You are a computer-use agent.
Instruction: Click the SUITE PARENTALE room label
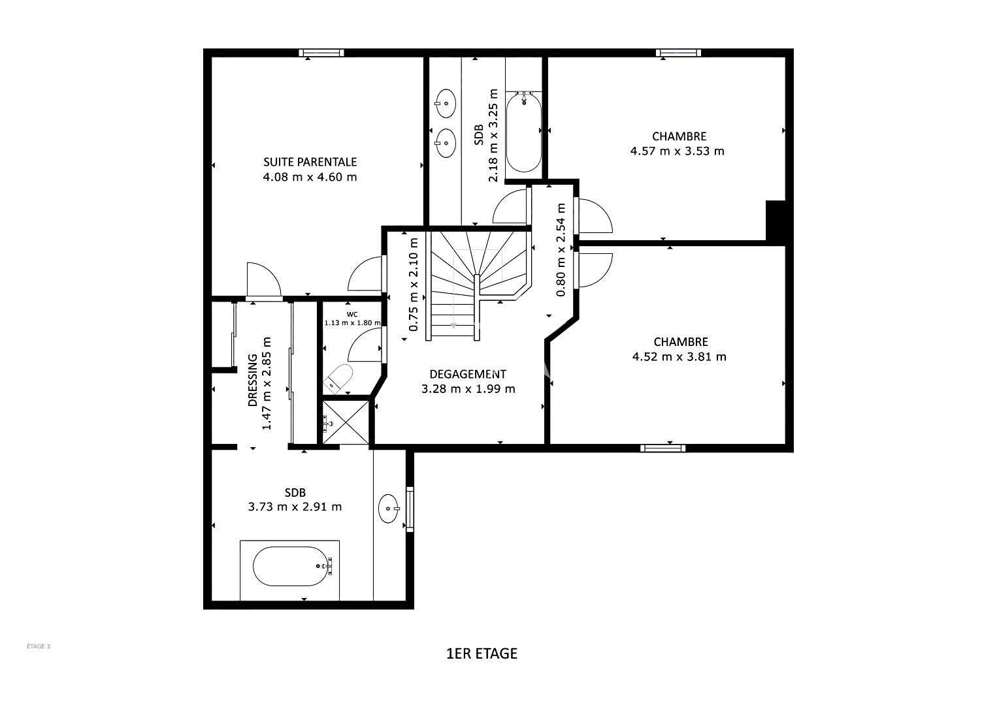(310, 162)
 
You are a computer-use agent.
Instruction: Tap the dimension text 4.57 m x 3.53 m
(677, 151)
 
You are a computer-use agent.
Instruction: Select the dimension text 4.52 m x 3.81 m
(679, 356)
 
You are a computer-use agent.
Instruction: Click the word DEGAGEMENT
(468, 374)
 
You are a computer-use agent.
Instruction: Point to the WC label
(352, 315)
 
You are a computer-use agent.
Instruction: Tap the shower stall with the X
(346, 422)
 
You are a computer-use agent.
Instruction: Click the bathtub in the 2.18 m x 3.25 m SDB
(524, 131)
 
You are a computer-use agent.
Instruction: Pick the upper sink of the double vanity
(445, 103)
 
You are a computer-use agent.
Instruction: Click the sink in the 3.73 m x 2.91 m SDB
(389, 509)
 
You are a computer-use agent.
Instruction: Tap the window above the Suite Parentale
(321, 53)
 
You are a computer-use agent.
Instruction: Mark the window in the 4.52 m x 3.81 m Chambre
(662, 448)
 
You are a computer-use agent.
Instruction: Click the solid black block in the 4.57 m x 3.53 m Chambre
(776, 221)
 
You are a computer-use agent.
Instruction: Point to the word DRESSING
(253, 380)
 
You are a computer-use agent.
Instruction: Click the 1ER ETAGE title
(482, 653)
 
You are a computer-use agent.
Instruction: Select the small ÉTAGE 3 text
(39, 646)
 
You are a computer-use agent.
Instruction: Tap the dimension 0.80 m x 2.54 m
(561, 249)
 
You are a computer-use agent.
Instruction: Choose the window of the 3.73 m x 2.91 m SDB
(410, 509)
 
